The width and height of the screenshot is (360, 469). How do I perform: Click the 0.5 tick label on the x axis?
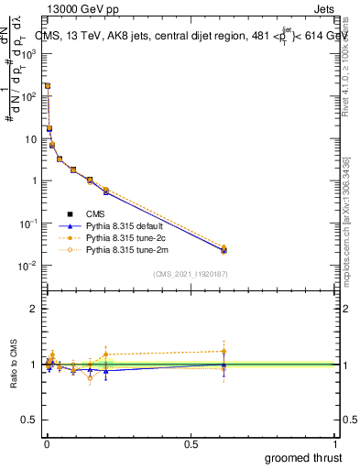pos(191,442)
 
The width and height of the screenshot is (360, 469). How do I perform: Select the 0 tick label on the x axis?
pos(47,442)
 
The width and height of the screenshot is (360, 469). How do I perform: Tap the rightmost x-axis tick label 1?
pos(335,442)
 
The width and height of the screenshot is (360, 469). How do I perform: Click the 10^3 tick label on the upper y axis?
pos(27,53)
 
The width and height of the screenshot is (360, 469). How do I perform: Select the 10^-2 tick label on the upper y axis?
pos(27,266)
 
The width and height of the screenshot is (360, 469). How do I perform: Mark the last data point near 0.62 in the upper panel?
pos(224,249)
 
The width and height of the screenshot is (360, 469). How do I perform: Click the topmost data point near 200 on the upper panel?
pos(48,86)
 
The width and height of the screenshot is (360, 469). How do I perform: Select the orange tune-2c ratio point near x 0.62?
pos(224,351)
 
